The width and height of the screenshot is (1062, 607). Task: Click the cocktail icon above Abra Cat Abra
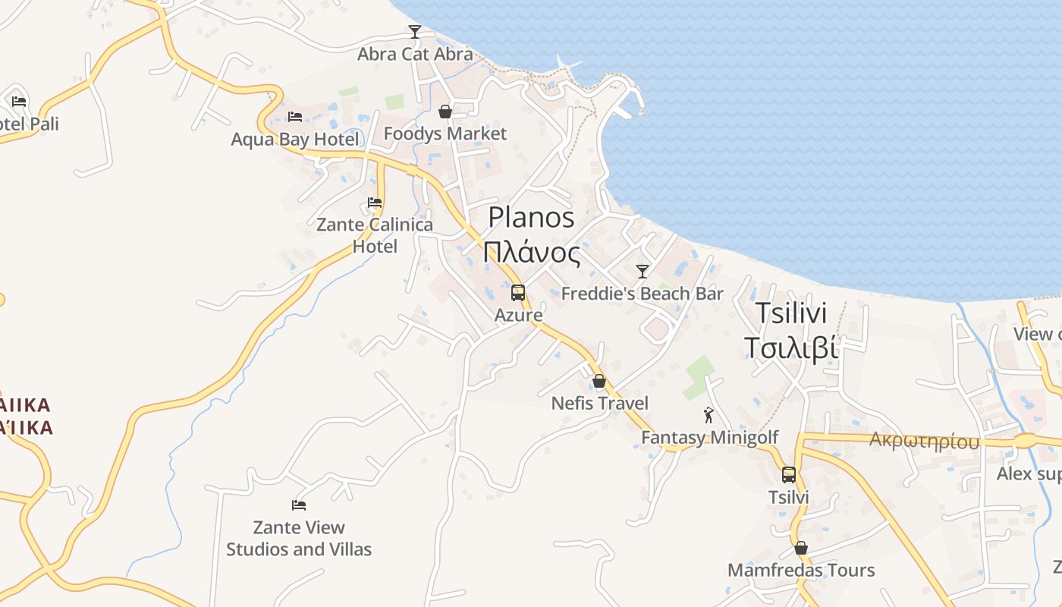[x=414, y=32]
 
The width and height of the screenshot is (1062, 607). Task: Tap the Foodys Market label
[x=445, y=134]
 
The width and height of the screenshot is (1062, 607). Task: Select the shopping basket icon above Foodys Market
[x=445, y=112]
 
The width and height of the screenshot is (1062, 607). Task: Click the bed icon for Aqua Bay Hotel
[x=295, y=117]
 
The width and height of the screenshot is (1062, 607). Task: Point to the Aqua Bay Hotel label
[x=295, y=140]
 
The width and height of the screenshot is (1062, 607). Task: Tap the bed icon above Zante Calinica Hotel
[x=375, y=203]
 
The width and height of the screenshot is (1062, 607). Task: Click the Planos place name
[x=531, y=218]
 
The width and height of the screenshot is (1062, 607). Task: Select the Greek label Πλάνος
[x=531, y=252]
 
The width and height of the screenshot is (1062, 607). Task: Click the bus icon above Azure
[x=518, y=293]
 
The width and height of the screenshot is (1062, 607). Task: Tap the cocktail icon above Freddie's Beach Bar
[x=643, y=272]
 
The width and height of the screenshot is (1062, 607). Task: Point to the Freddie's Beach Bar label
[x=643, y=294]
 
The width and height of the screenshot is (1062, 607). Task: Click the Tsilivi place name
[x=791, y=313]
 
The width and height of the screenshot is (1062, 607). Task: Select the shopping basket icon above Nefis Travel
[x=599, y=381]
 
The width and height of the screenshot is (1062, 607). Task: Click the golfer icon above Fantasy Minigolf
[x=709, y=415]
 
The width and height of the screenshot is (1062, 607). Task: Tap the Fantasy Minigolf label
[x=710, y=438]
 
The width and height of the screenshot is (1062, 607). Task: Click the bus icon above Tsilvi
[x=789, y=475]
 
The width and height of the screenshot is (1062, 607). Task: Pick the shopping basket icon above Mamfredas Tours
[x=801, y=548]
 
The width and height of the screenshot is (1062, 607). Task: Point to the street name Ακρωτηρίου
[x=924, y=441]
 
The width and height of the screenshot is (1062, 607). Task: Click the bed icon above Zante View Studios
[x=299, y=505]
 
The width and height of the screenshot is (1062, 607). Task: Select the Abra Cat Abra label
[x=415, y=54]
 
